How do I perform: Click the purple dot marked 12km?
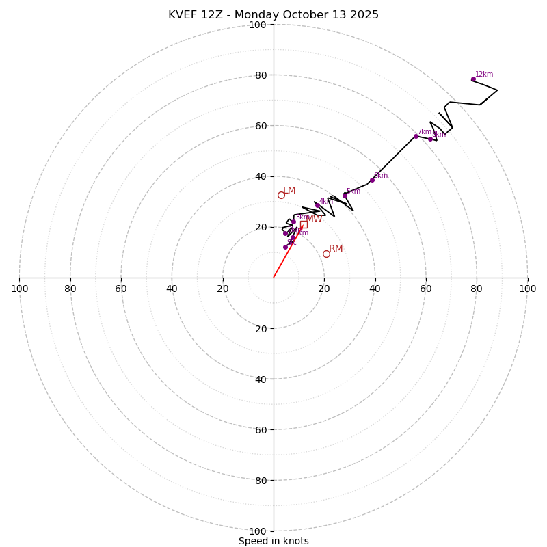coord(473,79)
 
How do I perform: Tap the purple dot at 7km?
coord(416,136)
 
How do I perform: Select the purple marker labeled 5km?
coord(345,195)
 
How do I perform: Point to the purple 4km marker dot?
coord(317,205)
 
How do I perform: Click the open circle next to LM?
coord(281,195)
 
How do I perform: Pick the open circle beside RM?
coord(326,254)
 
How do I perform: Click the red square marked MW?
coord(304,224)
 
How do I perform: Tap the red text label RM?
coord(336,249)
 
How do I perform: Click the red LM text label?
coord(289,191)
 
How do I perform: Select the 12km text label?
coord(484,75)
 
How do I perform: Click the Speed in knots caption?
coord(273,541)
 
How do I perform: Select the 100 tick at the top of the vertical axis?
coord(258,25)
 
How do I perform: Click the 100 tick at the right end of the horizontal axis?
coord(527,289)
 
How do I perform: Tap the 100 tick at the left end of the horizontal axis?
coord(20,289)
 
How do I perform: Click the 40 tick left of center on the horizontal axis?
coord(172,289)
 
